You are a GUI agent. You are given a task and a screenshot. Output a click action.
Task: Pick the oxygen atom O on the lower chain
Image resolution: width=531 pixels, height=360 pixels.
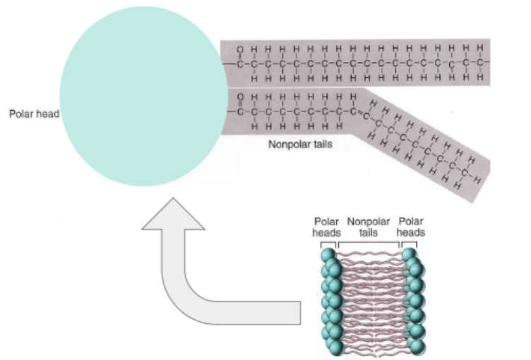coord(240,97)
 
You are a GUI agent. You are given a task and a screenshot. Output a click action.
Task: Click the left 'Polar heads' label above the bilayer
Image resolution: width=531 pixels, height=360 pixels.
coord(328,227)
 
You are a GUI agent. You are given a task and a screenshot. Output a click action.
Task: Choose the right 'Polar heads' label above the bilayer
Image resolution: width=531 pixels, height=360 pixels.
coord(411,227)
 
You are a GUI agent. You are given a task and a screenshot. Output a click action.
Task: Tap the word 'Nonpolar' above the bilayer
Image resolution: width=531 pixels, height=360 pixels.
coord(369,222)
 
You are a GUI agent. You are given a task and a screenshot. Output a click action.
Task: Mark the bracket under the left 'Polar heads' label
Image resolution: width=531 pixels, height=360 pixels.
coord(328,243)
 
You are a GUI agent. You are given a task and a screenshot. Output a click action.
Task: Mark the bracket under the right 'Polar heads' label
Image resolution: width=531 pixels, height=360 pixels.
coord(410,243)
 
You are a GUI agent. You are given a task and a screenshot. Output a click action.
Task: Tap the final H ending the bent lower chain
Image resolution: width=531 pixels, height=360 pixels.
coord(479,179)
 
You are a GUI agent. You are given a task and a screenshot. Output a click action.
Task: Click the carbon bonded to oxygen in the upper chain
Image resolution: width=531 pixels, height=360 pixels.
coord(240,63)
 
